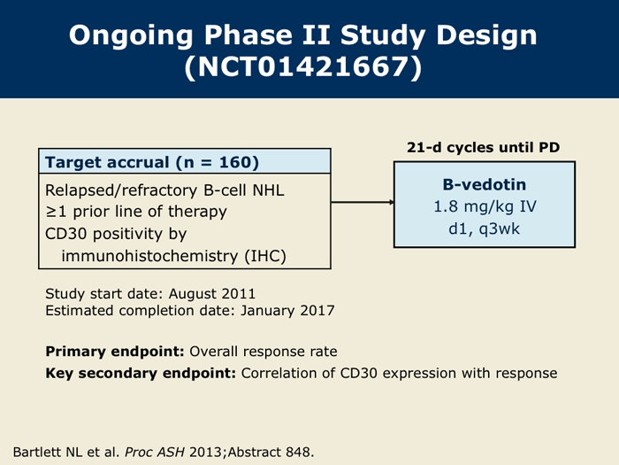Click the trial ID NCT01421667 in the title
303,66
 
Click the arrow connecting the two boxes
363,202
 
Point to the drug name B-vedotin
485,184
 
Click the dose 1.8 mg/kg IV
485,206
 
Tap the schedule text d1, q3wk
484,229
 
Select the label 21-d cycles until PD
483,148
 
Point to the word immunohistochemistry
149,256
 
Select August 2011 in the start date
212,294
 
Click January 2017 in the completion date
287,311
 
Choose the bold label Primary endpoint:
115,352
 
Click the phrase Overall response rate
264,352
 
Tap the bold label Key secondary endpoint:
141,373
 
